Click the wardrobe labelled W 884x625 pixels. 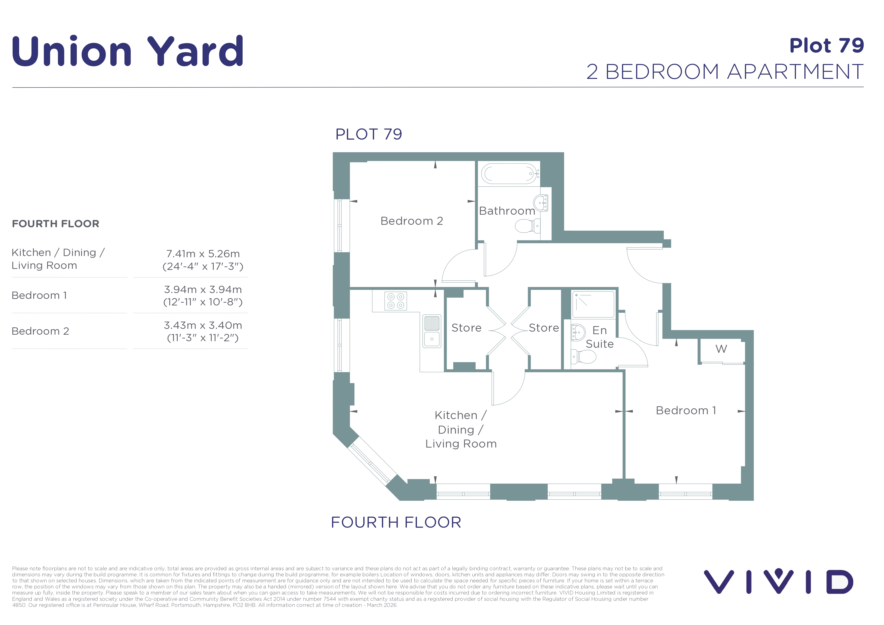(722, 351)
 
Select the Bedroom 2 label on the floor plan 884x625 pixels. (412, 221)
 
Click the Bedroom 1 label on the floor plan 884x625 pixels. (686, 411)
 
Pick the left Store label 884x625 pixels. (466, 328)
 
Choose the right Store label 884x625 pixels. (544, 328)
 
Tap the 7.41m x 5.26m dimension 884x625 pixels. (203, 254)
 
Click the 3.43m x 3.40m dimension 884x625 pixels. (203, 325)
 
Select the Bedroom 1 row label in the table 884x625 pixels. (39, 295)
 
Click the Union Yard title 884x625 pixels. (128, 51)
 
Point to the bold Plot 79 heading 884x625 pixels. (827, 46)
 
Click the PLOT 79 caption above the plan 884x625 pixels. (369, 134)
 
